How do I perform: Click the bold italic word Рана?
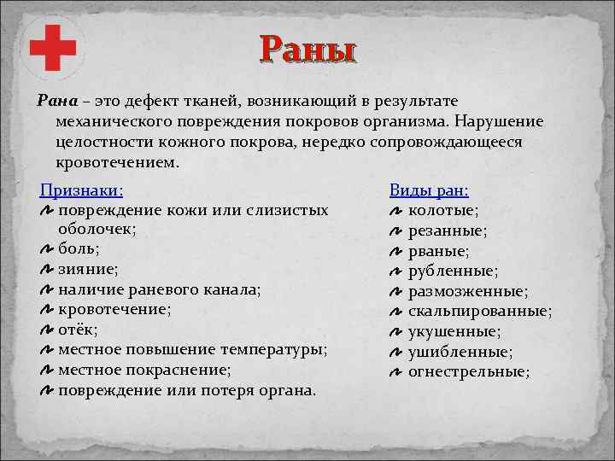56,101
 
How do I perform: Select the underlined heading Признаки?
82,190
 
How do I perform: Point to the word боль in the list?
76,249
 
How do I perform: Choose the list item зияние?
86,270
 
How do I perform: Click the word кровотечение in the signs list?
112,310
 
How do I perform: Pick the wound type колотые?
442,210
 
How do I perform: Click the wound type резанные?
448,230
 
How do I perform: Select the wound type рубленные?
454,271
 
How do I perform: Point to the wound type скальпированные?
479,311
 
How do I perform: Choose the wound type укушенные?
454,331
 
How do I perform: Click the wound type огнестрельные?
469,371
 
